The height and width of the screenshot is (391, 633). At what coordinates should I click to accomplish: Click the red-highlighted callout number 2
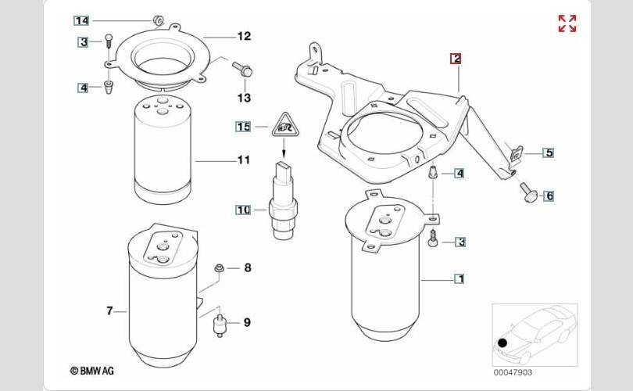tap(456, 59)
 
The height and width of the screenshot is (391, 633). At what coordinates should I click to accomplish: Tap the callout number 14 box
tap(81, 20)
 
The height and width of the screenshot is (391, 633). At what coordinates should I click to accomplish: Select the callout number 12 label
tap(244, 36)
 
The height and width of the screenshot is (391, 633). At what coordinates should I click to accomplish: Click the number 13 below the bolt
tap(244, 98)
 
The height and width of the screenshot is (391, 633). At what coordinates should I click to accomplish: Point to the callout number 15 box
tap(243, 127)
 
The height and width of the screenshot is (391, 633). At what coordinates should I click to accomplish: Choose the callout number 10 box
tap(243, 210)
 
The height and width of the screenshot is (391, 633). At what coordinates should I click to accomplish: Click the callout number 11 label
tap(243, 160)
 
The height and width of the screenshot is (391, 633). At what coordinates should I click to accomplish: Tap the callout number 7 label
tap(110, 310)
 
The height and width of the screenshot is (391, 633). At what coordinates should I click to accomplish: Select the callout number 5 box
tap(549, 153)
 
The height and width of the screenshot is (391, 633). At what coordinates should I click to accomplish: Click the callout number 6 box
tap(549, 196)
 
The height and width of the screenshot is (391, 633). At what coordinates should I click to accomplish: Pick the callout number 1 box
tap(460, 278)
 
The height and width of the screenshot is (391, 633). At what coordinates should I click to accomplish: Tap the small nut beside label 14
tap(158, 20)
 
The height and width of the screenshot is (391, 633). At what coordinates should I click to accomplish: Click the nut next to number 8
tap(219, 267)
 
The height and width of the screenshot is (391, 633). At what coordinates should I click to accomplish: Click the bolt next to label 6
tap(527, 192)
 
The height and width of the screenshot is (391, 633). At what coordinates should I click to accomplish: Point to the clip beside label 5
tap(517, 153)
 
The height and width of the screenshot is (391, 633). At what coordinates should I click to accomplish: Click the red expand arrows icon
tap(567, 23)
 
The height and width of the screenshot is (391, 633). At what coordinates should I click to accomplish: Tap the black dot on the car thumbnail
tap(502, 343)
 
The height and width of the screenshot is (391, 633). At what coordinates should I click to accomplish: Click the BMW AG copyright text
tap(92, 371)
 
